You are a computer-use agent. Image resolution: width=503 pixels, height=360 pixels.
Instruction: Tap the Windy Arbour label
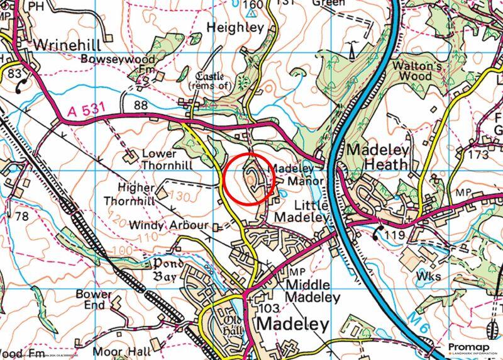168,225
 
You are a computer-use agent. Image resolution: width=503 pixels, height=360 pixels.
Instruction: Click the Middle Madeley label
312,291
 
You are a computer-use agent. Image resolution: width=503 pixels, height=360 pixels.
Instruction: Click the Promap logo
472,348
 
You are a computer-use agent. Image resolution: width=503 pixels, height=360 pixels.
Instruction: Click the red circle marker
250,179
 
